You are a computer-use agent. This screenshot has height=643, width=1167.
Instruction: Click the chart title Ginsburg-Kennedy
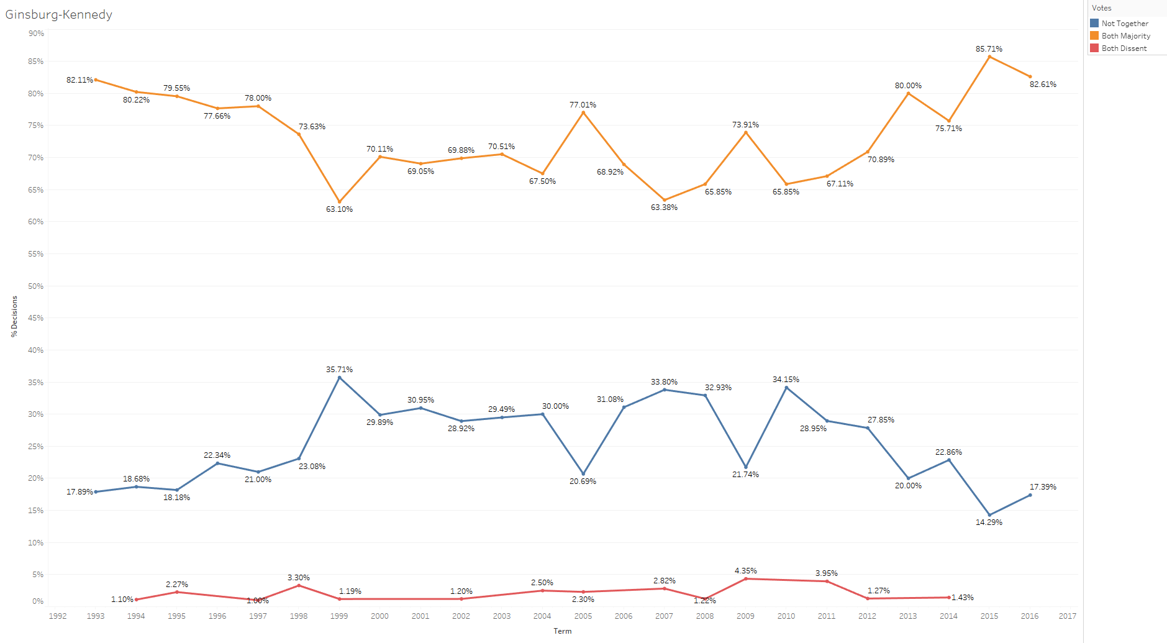click(59, 14)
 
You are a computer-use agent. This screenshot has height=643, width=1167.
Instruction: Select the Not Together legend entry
click(1124, 24)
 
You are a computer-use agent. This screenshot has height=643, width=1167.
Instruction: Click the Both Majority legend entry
click(1125, 36)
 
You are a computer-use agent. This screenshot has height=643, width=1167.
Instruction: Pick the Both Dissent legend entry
click(1124, 48)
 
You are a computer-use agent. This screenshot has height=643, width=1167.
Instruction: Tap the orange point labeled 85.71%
click(989, 57)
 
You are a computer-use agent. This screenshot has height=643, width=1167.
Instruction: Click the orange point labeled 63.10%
click(339, 202)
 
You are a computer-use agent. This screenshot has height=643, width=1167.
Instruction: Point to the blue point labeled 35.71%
click(339, 377)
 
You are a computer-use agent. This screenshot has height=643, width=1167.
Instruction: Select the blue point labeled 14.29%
click(989, 515)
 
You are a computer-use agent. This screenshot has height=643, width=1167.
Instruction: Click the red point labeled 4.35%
click(745, 579)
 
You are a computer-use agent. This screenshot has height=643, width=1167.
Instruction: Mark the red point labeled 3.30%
click(299, 585)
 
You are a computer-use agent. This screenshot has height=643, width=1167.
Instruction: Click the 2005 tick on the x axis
click(583, 616)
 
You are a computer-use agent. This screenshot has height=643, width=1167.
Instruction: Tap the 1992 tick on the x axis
click(58, 616)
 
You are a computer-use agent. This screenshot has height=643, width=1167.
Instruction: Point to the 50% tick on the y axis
click(36, 286)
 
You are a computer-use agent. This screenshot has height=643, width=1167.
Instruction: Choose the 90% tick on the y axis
click(36, 34)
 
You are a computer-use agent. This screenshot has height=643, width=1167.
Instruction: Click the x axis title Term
click(562, 631)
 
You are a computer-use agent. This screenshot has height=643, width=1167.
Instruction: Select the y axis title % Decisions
click(14, 316)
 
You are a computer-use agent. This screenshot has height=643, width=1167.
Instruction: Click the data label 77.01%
click(583, 105)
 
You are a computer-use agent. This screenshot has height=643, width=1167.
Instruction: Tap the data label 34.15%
click(786, 380)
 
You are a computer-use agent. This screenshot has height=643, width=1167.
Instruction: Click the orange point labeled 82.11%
click(96, 80)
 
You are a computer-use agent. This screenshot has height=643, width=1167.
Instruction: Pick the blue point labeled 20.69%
click(583, 473)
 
